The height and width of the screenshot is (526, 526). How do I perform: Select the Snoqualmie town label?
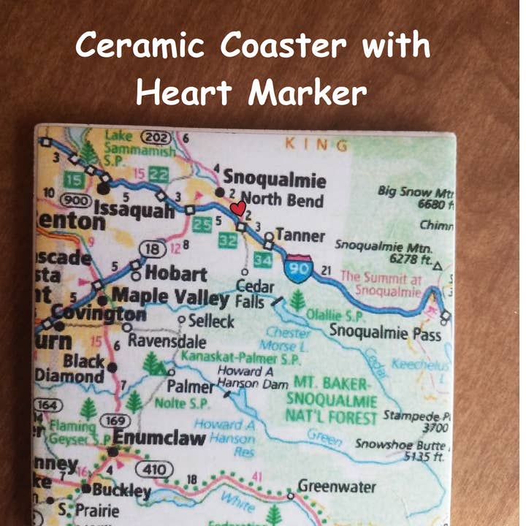[275, 178]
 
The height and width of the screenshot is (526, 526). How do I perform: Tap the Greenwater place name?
[337, 487]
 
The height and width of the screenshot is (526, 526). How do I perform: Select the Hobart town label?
[175, 274]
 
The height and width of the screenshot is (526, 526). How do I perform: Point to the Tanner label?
[300, 235]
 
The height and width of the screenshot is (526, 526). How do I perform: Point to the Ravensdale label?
[167, 341]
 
